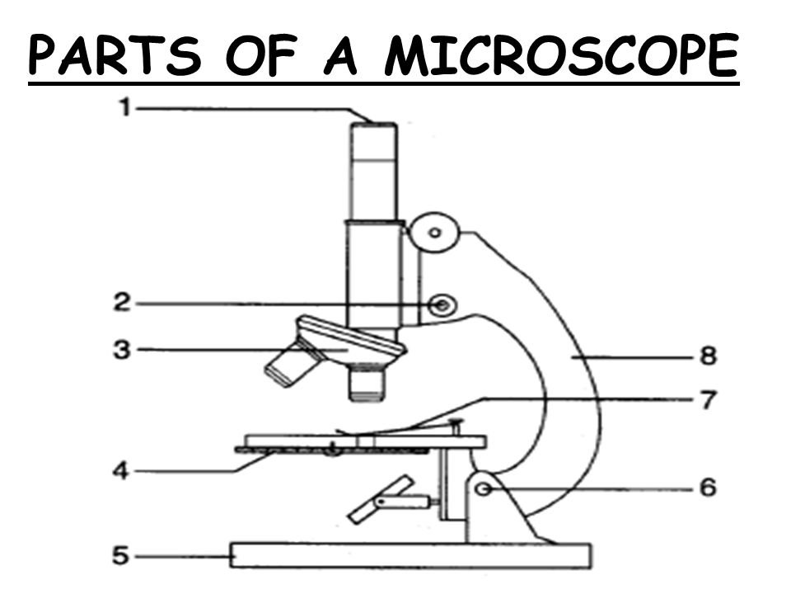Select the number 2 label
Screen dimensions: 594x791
pyautogui.click(x=120, y=304)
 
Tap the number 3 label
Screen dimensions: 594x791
pyautogui.click(x=121, y=350)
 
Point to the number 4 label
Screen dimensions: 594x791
pyautogui.click(x=120, y=472)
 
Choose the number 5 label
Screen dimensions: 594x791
pyautogui.click(x=120, y=556)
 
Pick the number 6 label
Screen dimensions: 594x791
pyautogui.click(x=707, y=488)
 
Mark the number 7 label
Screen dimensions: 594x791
pyautogui.click(x=707, y=402)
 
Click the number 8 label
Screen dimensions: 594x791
pyautogui.click(x=707, y=357)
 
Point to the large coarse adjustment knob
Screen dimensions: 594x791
pyautogui.click(x=434, y=232)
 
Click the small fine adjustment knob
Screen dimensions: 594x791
pyautogui.click(x=442, y=307)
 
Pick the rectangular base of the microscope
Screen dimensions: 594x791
pyautogui.click(x=410, y=555)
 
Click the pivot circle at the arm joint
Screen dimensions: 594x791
pyautogui.click(x=484, y=489)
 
